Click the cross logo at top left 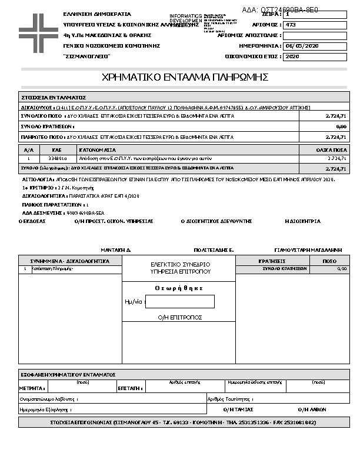[x=38, y=31]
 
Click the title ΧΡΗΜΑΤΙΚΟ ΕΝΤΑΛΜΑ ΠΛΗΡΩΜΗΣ [x=185, y=77]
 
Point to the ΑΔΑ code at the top [x=280, y=9]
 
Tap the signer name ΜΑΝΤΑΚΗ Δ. [x=115, y=249]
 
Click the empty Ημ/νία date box [x=179, y=302]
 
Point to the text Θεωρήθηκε [x=179, y=288]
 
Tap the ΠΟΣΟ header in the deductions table [x=329, y=261]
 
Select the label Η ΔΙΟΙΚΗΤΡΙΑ [x=302, y=221]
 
